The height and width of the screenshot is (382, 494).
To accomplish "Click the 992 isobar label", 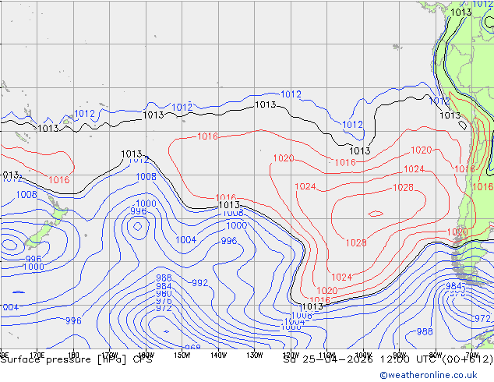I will (x=200, y=283).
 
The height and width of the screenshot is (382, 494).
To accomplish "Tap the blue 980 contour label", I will (x=164, y=293).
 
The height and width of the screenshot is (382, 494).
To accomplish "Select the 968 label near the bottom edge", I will (x=192, y=348).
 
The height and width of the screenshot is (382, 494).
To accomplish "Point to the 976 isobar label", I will (x=164, y=301).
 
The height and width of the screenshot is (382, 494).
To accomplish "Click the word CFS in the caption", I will (x=142, y=359).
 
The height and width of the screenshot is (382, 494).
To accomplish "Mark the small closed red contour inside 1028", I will (x=376, y=213).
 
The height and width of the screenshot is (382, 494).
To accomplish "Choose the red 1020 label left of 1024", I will (x=283, y=158).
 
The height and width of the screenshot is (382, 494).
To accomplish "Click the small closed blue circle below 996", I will (x=138, y=227).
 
